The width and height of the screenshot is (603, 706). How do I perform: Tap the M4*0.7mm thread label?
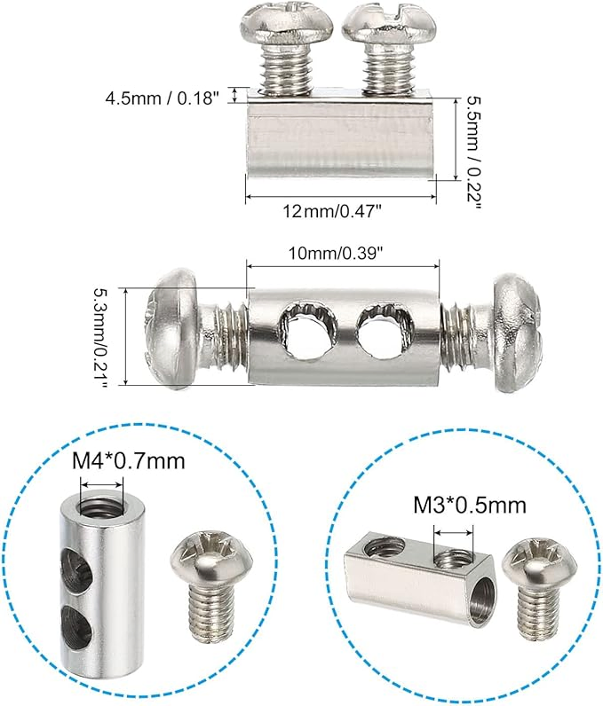pyautogui.click(x=131, y=463)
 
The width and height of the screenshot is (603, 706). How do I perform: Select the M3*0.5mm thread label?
pyautogui.click(x=470, y=505)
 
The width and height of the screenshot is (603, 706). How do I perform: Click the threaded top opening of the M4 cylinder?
pyautogui.click(x=100, y=508)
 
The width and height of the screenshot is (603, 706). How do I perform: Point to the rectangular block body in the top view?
pyautogui.click(x=342, y=137)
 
